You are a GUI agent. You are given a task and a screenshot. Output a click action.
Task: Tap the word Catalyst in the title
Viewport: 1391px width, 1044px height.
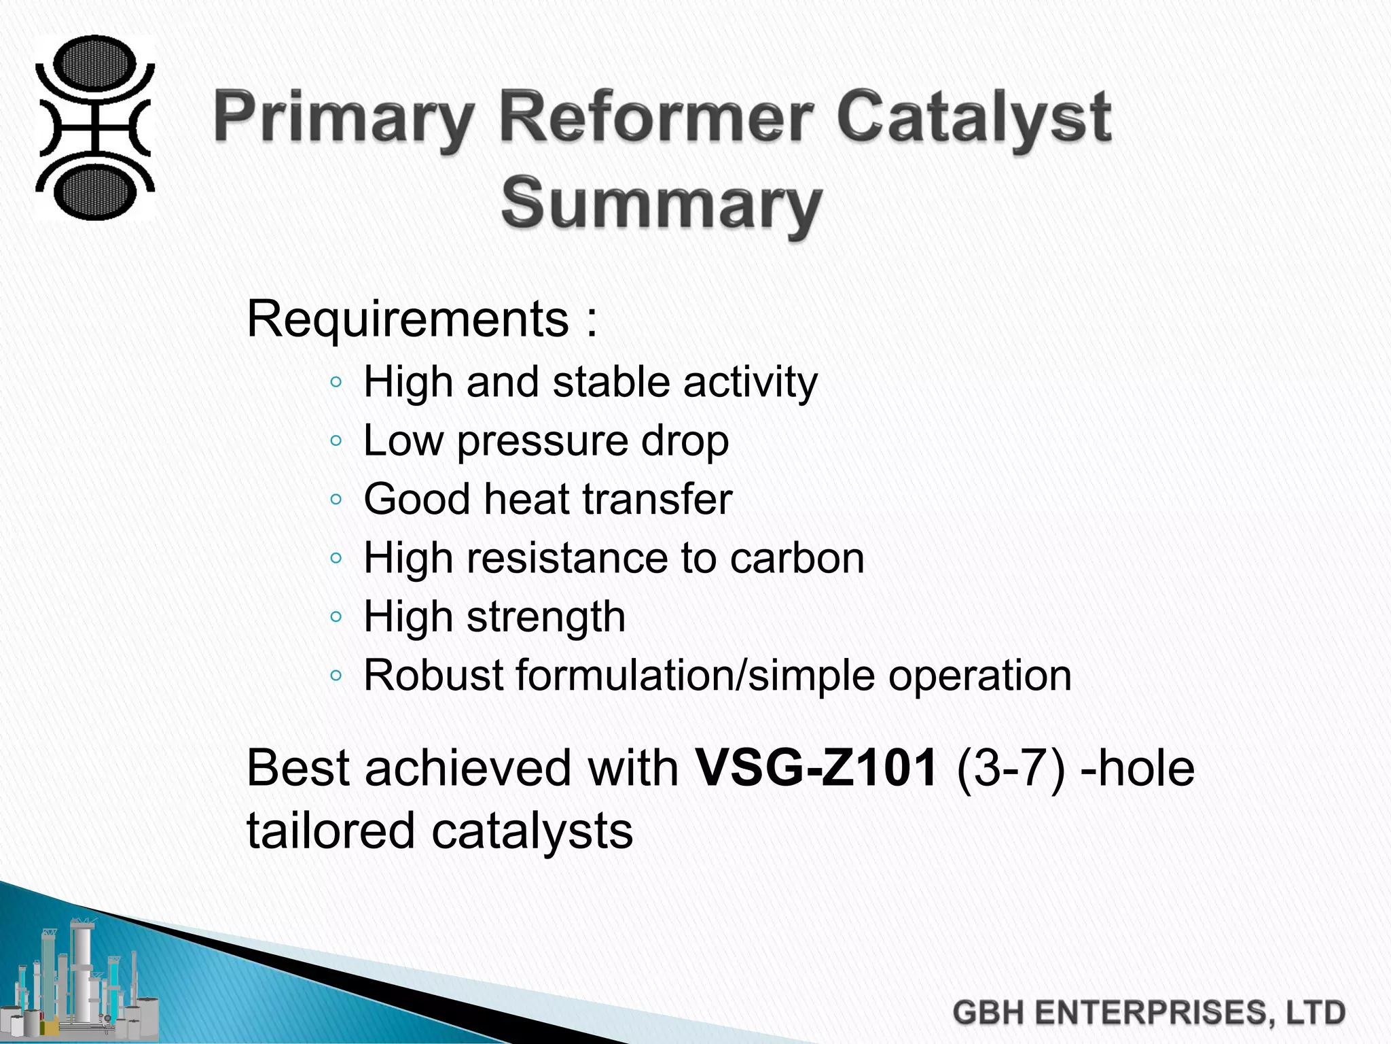pyautogui.click(x=973, y=119)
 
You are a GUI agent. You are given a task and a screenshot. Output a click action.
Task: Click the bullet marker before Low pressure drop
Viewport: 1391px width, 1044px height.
pyautogui.click(x=336, y=441)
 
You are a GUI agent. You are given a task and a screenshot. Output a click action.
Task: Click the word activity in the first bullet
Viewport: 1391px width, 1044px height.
pyautogui.click(x=750, y=382)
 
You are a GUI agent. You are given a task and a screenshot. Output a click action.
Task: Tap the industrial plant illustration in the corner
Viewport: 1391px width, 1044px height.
pyautogui.click(x=82, y=979)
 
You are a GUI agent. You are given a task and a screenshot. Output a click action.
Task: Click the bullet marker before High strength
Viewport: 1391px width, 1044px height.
pyautogui.click(x=336, y=617)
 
